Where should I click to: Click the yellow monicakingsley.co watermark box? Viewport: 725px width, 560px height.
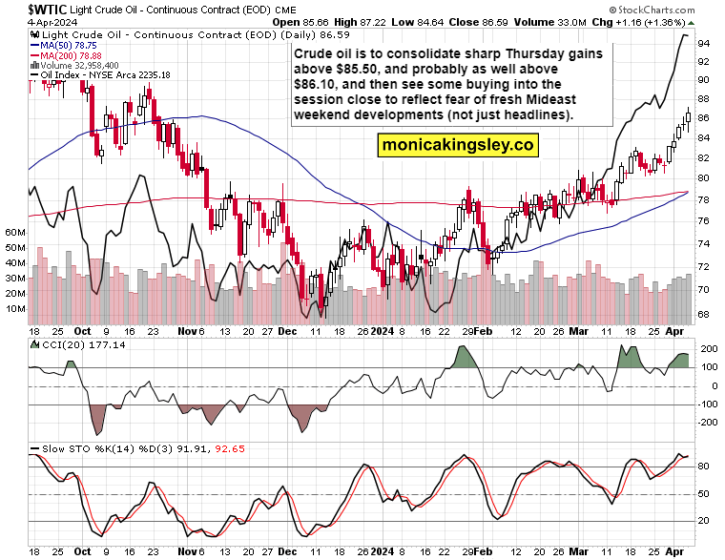tap(457, 145)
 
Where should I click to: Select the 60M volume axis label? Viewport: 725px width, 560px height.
tap(14, 232)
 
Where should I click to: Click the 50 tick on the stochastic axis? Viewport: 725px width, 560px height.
tap(703, 494)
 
